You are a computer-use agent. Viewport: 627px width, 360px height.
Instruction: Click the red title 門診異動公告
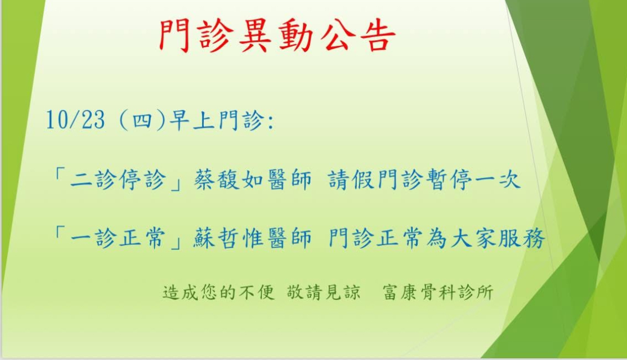277,36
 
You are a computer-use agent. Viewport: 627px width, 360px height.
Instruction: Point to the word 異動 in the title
277,36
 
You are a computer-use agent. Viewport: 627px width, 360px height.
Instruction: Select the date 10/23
75,119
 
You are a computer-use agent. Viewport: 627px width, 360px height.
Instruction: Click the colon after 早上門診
271,121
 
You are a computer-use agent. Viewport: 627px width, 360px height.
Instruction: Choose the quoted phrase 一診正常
118,239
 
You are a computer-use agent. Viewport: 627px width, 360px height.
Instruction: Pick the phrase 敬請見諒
324,293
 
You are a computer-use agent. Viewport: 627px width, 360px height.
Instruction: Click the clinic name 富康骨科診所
438,293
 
